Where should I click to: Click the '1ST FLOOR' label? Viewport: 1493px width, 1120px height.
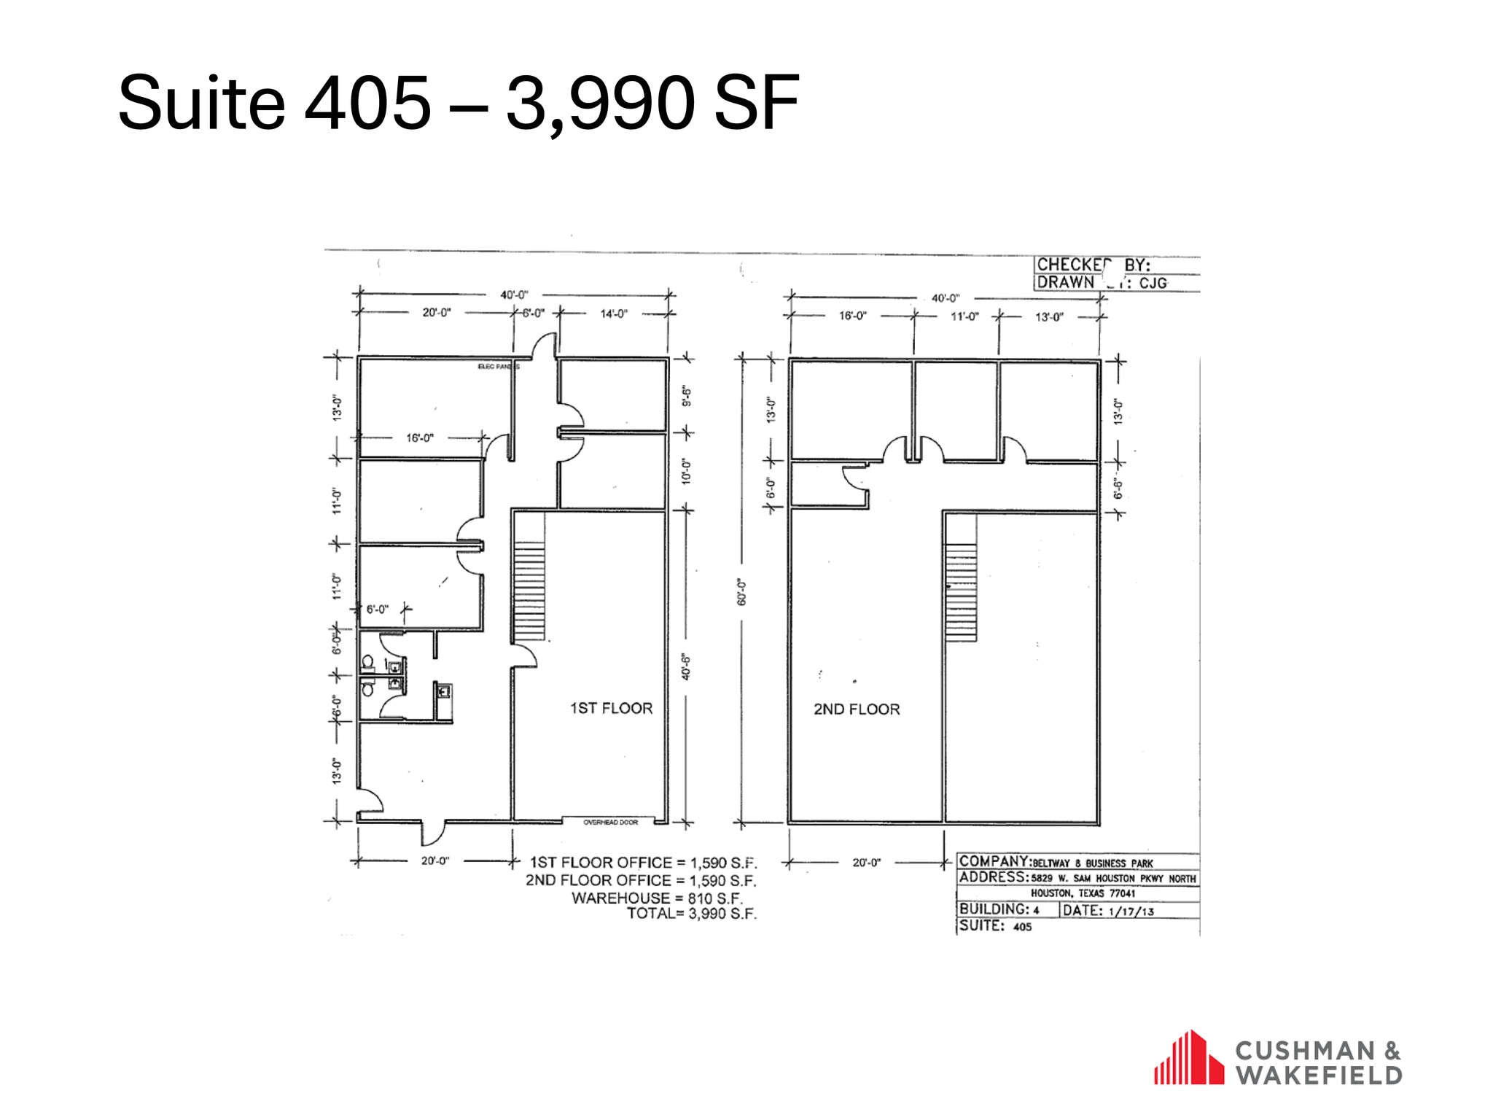pos(611,708)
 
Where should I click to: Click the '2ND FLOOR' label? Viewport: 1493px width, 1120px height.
pos(857,709)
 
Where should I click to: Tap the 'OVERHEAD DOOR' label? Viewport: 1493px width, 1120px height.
pos(610,822)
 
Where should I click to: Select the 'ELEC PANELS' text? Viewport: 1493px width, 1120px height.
pos(498,367)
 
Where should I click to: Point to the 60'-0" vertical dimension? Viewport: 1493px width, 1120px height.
pos(741,592)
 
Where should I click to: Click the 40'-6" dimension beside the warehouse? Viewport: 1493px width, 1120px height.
pos(685,666)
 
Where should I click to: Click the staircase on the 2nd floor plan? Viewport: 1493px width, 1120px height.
pos(961,593)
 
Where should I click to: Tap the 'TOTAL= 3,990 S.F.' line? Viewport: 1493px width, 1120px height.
pos(692,914)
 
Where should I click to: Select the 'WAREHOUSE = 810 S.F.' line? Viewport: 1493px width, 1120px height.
pos(657,898)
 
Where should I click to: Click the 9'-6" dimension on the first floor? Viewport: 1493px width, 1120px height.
pos(685,396)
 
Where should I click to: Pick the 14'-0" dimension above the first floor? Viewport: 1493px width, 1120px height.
pos(613,314)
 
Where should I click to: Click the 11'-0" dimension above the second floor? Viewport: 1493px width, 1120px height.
pos(964,316)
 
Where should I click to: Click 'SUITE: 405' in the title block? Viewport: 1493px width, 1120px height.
pos(996,926)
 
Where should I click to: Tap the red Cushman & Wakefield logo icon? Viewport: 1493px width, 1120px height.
pos(1188,1057)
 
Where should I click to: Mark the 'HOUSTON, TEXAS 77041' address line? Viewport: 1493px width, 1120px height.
pos(1083,893)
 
